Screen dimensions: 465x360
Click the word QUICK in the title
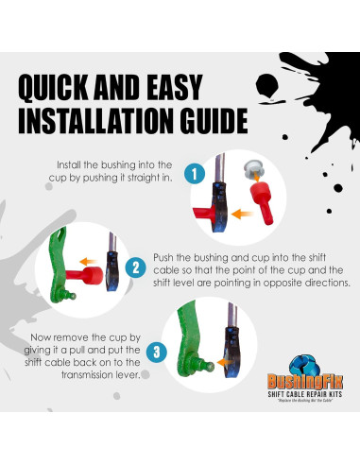pyautogui.click(x=60, y=88)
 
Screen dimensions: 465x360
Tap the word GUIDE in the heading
pyautogui.click(x=208, y=122)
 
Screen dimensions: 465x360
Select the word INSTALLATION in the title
pyautogui.click(x=91, y=122)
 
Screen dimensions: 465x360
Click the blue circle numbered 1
pyautogui.click(x=194, y=175)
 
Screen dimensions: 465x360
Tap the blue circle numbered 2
pyautogui.click(x=137, y=267)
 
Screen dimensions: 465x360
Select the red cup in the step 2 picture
pyautogui.click(x=87, y=279)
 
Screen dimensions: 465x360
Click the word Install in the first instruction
pyautogui.click(x=73, y=164)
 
